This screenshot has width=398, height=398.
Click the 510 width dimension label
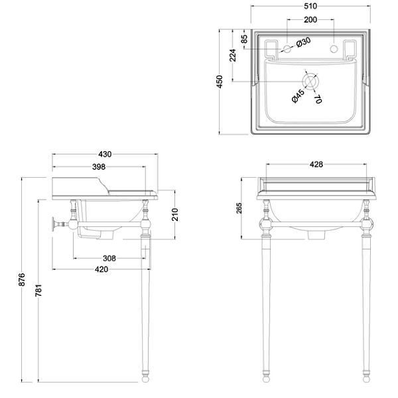point(310,6)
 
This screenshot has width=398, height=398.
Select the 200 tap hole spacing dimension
point(310,19)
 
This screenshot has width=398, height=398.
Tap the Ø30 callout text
point(303,42)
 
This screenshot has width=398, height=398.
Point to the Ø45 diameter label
point(298,96)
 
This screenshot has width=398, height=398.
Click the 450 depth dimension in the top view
point(220,82)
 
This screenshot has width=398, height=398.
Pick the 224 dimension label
point(232,55)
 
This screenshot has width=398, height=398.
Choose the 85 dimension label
point(243,39)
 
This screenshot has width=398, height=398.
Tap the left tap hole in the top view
point(287,48)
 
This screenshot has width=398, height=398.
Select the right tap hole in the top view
point(334,48)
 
